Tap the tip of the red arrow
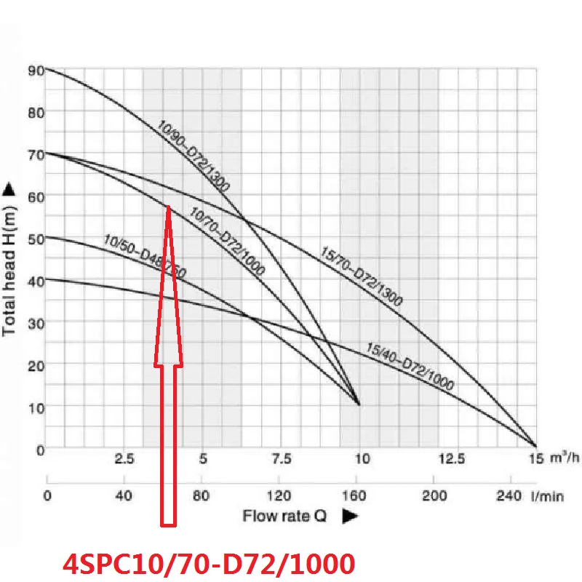coord(169,207)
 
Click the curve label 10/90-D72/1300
coord(193,156)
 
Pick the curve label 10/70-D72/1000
coord(227,241)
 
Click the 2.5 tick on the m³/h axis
coord(125,460)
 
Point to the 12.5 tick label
coord(454,460)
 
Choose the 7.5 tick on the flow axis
coord(282,460)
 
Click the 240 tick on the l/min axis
coord(508,496)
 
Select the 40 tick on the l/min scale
coord(124,496)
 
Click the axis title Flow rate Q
coord(284,516)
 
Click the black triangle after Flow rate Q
coord(349,516)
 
